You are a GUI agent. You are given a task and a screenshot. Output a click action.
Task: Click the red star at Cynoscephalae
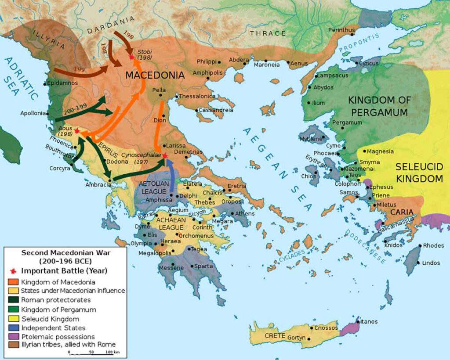pos(165,155)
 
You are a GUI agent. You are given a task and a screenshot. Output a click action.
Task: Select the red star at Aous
pos(77,131)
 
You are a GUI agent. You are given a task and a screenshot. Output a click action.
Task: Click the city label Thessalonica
pos(197,96)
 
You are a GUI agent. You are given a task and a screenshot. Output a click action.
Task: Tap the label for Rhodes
pos(433,245)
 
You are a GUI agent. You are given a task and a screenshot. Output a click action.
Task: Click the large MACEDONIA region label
pos(155,76)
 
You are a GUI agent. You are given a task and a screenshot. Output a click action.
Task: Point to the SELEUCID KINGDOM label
pos(419,173)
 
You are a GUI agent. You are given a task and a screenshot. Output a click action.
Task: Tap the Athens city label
pos(245,214)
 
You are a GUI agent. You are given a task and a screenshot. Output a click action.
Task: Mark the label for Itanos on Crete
pos(369,321)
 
